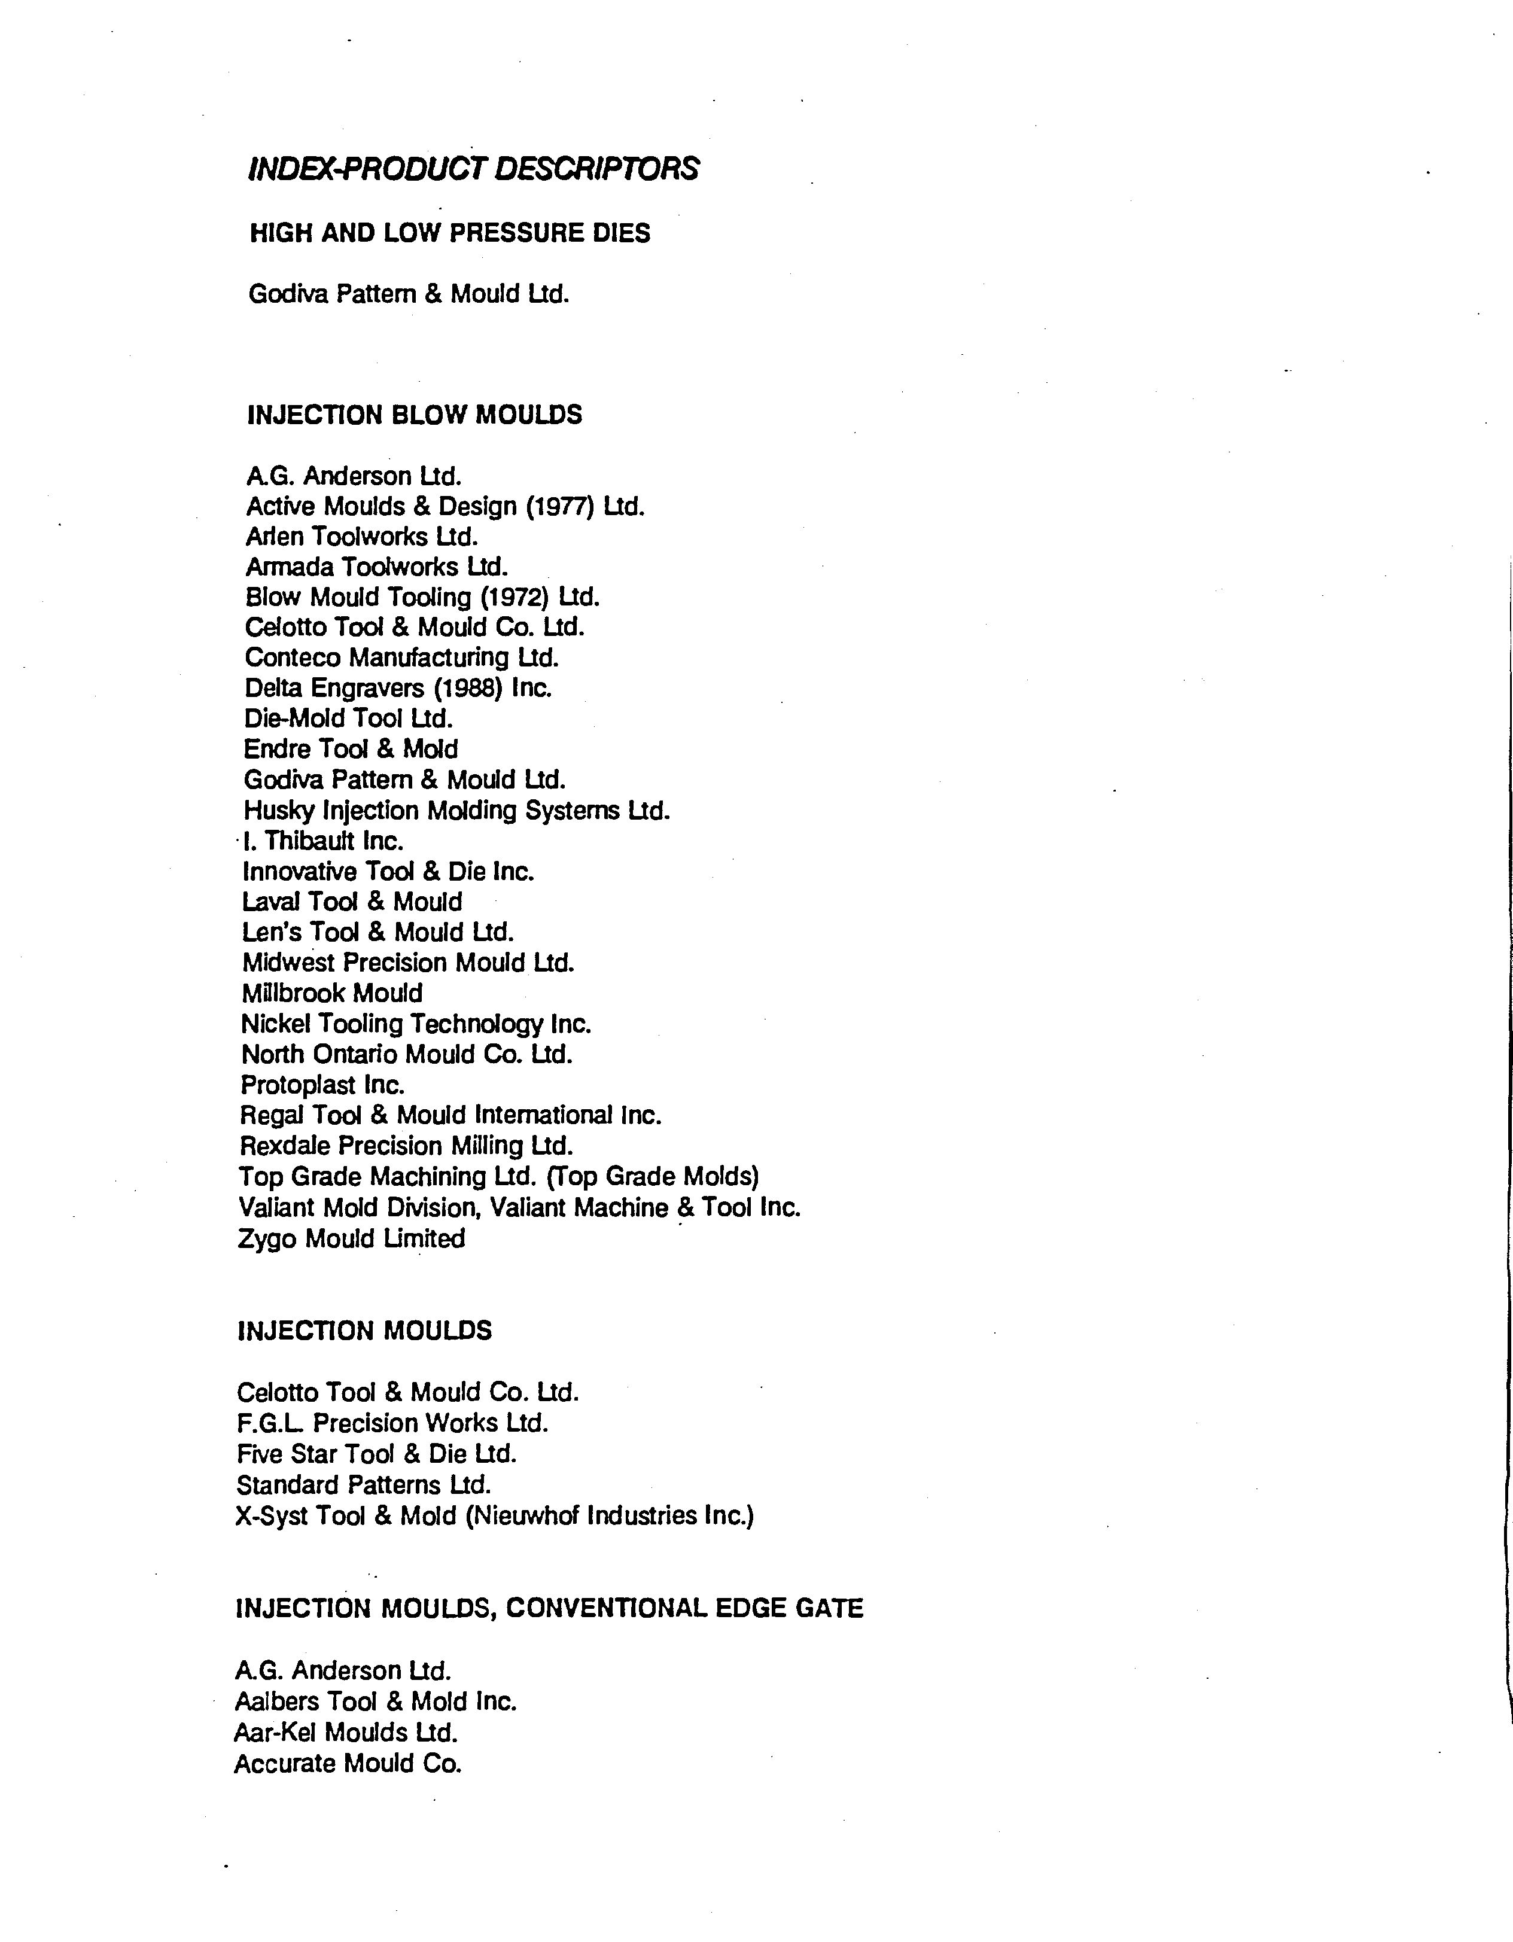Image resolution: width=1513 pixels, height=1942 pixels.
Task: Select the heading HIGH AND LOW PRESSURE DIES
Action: pyautogui.click(x=450, y=233)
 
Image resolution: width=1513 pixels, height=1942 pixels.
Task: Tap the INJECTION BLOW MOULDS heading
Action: pyautogui.click(x=414, y=415)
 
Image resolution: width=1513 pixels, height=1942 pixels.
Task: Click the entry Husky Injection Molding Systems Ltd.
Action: pyautogui.click(x=456, y=810)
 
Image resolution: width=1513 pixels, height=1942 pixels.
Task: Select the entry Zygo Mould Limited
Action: pyautogui.click(x=351, y=1238)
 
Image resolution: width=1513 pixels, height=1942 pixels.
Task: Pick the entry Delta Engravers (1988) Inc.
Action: pyautogui.click(x=397, y=687)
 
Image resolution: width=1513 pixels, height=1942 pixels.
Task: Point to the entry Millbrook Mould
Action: pyautogui.click(x=331, y=993)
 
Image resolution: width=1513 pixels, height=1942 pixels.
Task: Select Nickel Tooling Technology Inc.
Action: pyautogui.click(x=415, y=1024)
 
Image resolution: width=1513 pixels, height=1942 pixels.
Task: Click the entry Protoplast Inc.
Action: pyautogui.click(x=322, y=1085)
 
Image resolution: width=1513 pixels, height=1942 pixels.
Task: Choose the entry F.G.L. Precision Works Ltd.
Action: pyautogui.click(x=392, y=1423)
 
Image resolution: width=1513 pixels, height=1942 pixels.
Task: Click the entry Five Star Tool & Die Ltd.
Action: pyautogui.click(x=376, y=1454)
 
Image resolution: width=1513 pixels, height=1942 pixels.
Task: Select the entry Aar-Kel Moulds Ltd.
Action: pyautogui.click(x=346, y=1732)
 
